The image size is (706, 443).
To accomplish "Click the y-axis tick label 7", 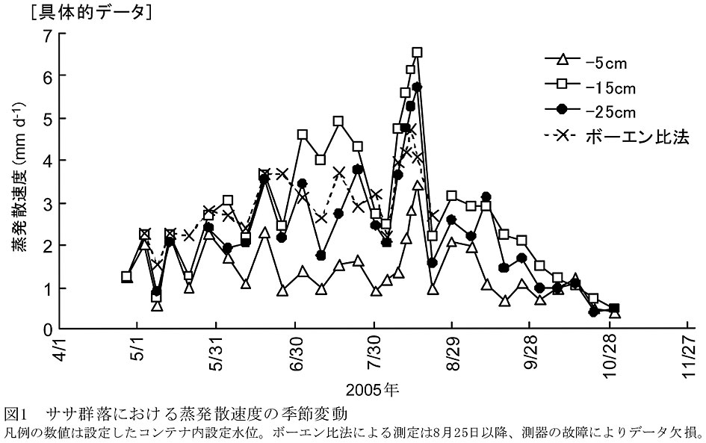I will pyautogui.click(x=47, y=35).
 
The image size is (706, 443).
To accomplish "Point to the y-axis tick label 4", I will pyautogui.click(x=47, y=161).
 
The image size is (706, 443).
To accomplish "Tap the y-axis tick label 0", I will pyautogui.click(x=47, y=329).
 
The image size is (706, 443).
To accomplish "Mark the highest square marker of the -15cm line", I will pyautogui.click(x=417, y=52).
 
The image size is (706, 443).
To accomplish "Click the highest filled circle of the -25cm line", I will pyautogui.click(x=417, y=87).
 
